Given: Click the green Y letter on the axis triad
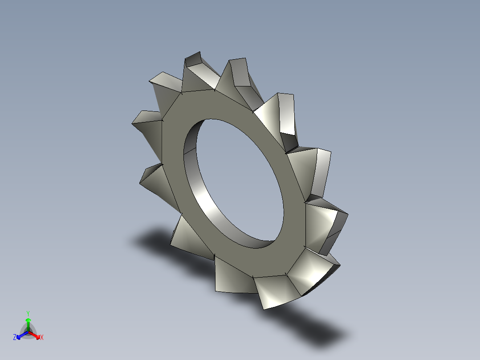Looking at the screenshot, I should (28, 313).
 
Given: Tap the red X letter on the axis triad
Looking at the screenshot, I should (42, 338).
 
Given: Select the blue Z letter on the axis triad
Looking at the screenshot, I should (15, 338).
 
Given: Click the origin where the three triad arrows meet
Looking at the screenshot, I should (28, 332).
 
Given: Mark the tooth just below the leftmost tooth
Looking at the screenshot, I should (154, 178).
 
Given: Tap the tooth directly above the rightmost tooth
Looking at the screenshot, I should (314, 169).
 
